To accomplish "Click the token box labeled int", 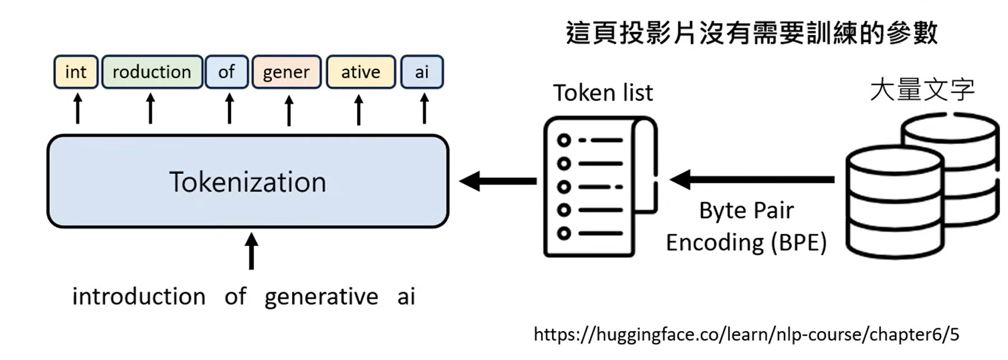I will pyautogui.click(x=76, y=72).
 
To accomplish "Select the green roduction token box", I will pyautogui.click(x=152, y=72).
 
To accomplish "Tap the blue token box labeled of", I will pyautogui.click(x=226, y=72).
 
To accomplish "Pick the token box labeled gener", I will pyautogui.click(x=286, y=72).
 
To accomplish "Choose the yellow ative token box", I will pyautogui.click(x=361, y=72).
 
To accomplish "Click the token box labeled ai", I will pyautogui.click(x=422, y=72).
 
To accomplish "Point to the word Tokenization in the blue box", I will pyautogui.click(x=248, y=182).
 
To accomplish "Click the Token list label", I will pyautogui.click(x=602, y=93).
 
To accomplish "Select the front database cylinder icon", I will pyautogui.click(x=893, y=204).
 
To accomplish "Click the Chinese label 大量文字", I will pyautogui.click(x=922, y=90).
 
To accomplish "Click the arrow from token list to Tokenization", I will pyautogui.click(x=498, y=181).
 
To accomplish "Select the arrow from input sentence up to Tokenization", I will pyautogui.click(x=251, y=251).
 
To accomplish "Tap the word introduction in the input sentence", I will pyautogui.click(x=139, y=296).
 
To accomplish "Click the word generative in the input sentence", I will pyautogui.click(x=321, y=297).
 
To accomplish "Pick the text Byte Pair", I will pyautogui.click(x=746, y=211).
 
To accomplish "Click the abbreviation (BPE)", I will pyautogui.click(x=798, y=243).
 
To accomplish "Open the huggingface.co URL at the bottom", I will pyautogui.click(x=746, y=335).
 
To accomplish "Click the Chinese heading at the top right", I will pyautogui.click(x=751, y=33).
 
